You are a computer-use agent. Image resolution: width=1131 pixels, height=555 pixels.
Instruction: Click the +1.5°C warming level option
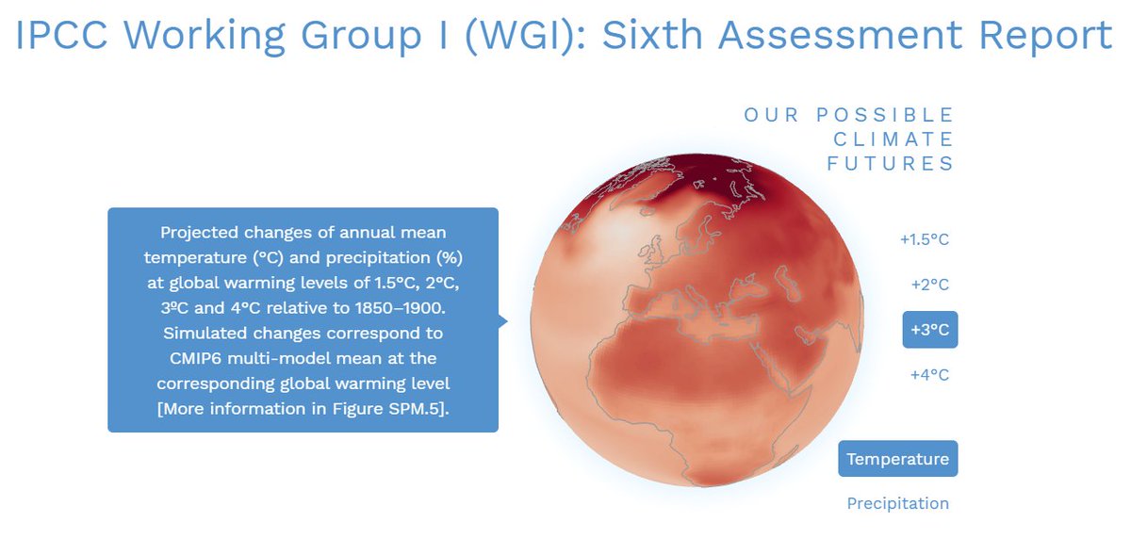(924, 239)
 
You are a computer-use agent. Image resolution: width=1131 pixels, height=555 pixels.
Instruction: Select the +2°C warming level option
(929, 285)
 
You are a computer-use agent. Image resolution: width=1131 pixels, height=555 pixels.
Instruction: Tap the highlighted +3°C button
(929, 330)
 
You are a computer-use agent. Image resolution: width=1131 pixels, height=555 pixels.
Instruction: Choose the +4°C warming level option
(929, 375)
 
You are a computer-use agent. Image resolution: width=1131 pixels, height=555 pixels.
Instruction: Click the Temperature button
(897, 459)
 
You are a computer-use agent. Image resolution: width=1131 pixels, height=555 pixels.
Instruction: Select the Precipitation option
(897, 503)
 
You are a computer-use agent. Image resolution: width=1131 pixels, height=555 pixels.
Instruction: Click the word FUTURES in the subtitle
(891, 164)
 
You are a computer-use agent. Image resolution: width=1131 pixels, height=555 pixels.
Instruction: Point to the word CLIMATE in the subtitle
(891, 139)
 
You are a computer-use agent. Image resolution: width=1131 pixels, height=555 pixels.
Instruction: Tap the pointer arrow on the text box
(503, 321)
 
